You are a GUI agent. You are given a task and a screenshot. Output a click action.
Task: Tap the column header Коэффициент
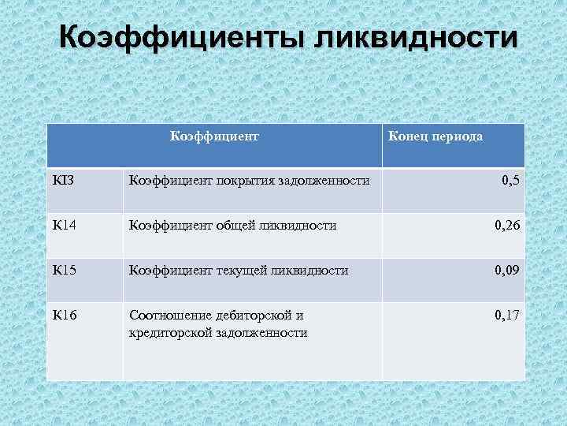click(x=215, y=136)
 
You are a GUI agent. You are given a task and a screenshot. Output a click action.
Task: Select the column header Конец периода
click(x=435, y=136)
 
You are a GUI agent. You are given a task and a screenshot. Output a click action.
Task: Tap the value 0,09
click(x=506, y=271)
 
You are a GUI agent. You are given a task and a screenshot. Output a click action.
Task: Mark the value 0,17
click(x=506, y=316)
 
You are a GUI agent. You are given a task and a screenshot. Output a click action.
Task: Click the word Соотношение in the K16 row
click(x=166, y=316)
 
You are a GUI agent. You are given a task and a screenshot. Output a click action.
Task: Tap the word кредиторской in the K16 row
click(x=165, y=333)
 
